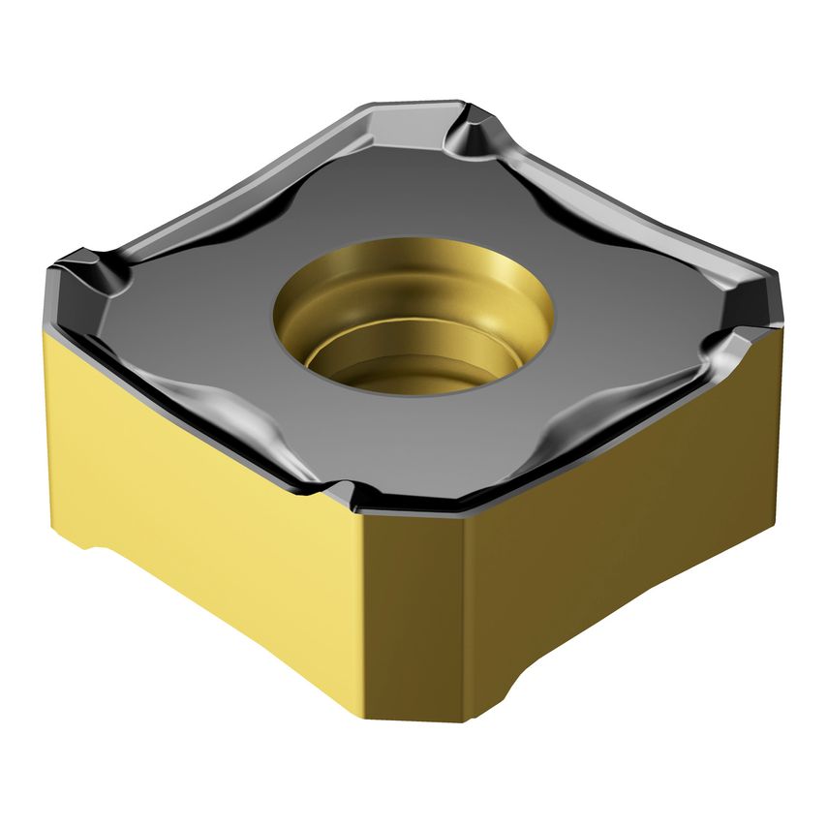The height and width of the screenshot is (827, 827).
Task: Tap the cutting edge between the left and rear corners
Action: tap(242, 174)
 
